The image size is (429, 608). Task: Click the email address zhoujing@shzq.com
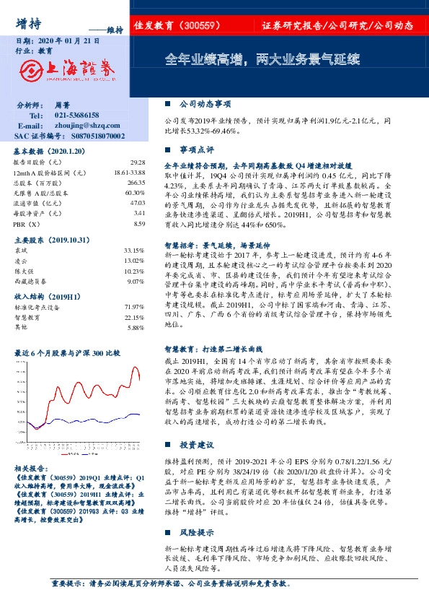coord(86,125)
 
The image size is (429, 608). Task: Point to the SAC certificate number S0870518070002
coord(89,135)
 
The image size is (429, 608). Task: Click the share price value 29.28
coord(138,164)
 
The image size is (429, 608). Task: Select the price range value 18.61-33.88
coord(130,174)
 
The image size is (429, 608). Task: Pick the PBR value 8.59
coord(140,225)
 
